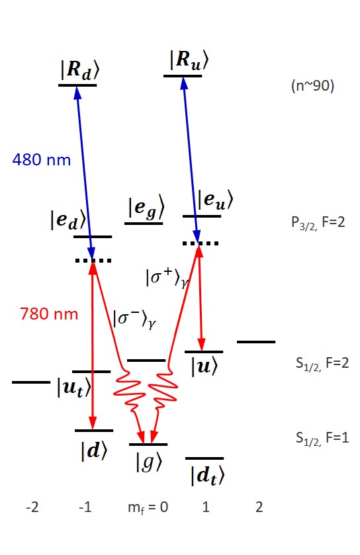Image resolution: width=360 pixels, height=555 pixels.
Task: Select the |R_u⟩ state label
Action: (188, 61)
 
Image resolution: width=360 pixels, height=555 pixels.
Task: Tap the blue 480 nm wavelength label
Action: (41, 160)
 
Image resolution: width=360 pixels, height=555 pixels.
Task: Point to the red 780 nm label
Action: (49, 314)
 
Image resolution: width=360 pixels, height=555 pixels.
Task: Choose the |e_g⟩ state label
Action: (146, 208)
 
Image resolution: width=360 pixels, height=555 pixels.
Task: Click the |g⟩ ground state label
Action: (148, 461)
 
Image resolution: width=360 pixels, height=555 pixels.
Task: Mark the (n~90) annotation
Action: (312, 86)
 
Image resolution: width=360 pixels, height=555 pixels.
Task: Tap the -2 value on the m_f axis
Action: (31, 508)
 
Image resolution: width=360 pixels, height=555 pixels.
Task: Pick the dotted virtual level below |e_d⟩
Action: (93, 261)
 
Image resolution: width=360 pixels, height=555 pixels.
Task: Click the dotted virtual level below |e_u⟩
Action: (201, 243)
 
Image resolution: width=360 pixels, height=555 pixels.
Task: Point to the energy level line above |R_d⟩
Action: (77, 85)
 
